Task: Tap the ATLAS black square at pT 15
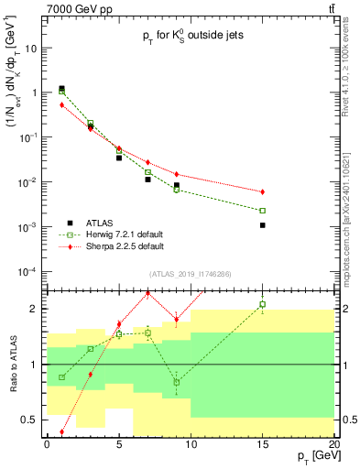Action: pyautogui.click(x=262, y=224)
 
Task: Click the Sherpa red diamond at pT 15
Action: pyautogui.click(x=262, y=191)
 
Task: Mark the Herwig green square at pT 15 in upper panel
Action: pyautogui.click(x=262, y=211)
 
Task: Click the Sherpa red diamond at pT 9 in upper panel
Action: pyautogui.click(x=177, y=174)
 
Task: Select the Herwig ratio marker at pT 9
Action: pyautogui.click(x=177, y=382)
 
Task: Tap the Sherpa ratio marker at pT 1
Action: pyautogui.click(x=61, y=431)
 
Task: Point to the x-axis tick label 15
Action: pyautogui.click(x=262, y=444)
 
